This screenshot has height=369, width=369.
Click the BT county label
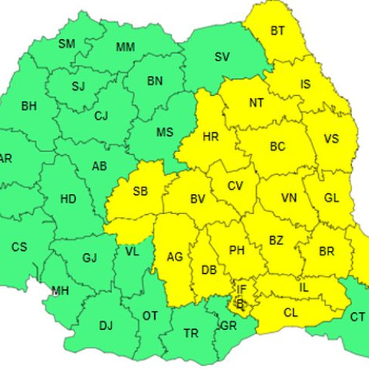point(277,31)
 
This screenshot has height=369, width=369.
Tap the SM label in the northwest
point(67,44)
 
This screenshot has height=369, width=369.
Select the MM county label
point(125,48)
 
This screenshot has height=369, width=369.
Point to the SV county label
point(221,57)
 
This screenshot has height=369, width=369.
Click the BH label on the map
point(29,106)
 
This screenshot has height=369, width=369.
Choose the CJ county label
point(101,115)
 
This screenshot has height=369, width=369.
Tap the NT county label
point(256,103)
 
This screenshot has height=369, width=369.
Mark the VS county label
point(331,139)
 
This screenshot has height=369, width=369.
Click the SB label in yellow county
point(140,192)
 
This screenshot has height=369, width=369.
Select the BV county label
point(197,199)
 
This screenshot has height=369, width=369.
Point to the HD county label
point(68,199)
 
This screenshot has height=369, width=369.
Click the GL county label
point(332,198)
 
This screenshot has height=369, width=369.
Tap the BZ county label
point(276,241)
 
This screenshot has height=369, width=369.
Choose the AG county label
point(175,257)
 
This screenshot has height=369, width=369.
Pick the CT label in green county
point(357,317)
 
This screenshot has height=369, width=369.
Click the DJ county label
point(106,325)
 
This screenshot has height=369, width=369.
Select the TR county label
point(191,334)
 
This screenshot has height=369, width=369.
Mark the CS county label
point(19,246)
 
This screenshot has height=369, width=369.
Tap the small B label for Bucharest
point(238,302)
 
